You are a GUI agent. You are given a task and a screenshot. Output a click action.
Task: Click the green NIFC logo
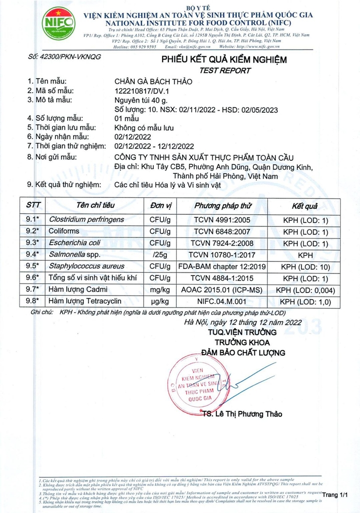point(59,23)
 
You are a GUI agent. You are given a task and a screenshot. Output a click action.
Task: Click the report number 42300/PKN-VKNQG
point(65,57)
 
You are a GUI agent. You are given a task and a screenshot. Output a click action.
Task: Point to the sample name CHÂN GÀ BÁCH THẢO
point(153,82)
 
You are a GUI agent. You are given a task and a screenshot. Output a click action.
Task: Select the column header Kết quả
point(304,206)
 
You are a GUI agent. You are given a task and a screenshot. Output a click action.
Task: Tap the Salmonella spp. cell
point(75,254)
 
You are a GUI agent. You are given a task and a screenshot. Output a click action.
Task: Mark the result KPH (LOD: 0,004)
point(305,290)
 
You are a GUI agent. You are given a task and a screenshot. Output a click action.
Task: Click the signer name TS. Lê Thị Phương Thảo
point(243,414)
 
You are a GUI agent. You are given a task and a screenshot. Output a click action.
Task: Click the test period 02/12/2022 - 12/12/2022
point(154,146)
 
